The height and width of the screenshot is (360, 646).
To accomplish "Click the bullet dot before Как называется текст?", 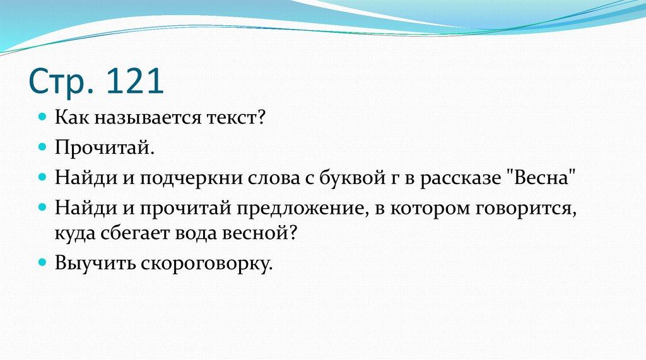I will click(42, 118).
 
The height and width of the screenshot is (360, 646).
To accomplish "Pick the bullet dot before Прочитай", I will click(42, 147).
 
